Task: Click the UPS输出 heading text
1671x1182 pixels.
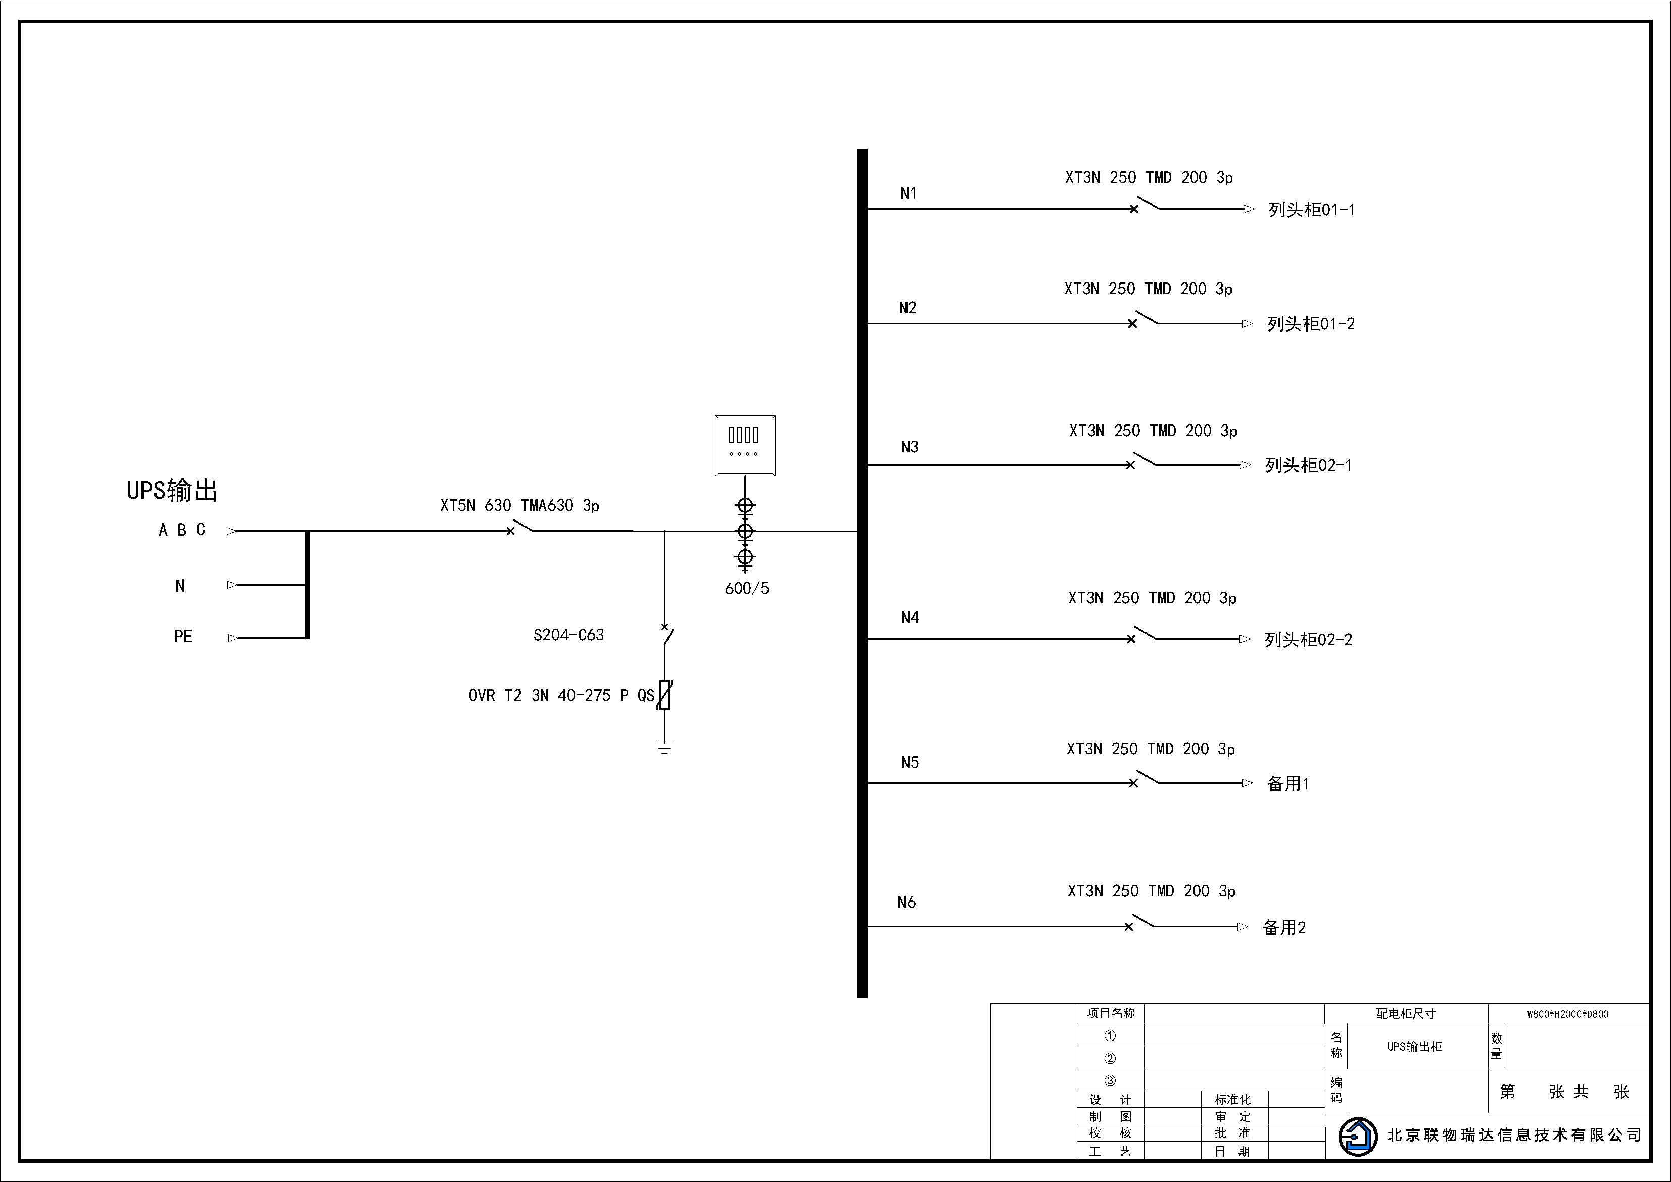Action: pyautogui.click(x=172, y=491)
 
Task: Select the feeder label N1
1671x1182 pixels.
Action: pyautogui.click(x=909, y=194)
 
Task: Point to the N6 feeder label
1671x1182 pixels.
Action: pyautogui.click(x=906, y=903)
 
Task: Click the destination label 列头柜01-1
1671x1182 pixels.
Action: pyautogui.click(x=1311, y=210)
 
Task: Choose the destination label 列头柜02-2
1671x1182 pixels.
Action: pyautogui.click(x=1308, y=640)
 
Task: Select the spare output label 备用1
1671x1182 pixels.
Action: pyautogui.click(x=1287, y=784)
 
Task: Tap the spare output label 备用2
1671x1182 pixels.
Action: pyautogui.click(x=1284, y=928)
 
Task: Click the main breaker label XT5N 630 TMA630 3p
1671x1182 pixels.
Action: pyautogui.click(x=519, y=506)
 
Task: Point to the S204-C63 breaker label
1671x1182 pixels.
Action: pyautogui.click(x=568, y=635)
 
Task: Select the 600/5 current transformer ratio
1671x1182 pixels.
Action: pyautogui.click(x=747, y=589)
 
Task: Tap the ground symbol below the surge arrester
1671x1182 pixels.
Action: pyautogui.click(x=664, y=747)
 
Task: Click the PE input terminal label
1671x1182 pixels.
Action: pyautogui.click(x=183, y=637)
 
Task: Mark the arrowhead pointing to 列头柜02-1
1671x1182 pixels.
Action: pyautogui.click(x=1245, y=465)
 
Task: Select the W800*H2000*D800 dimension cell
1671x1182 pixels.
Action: pyautogui.click(x=1567, y=1014)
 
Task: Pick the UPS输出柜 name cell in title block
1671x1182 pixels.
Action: pyautogui.click(x=1414, y=1047)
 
